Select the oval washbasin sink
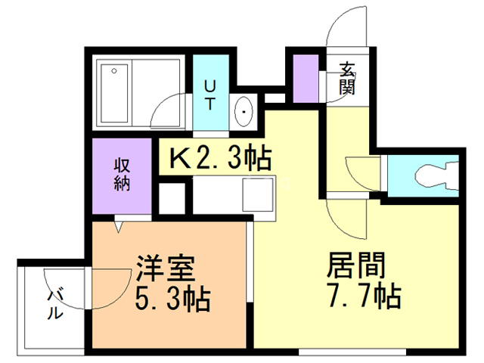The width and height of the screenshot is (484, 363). (x=244, y=114)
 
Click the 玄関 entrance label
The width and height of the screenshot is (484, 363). (x=348, y=79)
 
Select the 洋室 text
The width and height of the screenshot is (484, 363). (x=166, y=269)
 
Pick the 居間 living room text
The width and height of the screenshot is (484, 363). (x=357, y=265)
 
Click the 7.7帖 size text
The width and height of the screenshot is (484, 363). (x=363, y=296)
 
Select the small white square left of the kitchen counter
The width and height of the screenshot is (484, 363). (x=172, y=197)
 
